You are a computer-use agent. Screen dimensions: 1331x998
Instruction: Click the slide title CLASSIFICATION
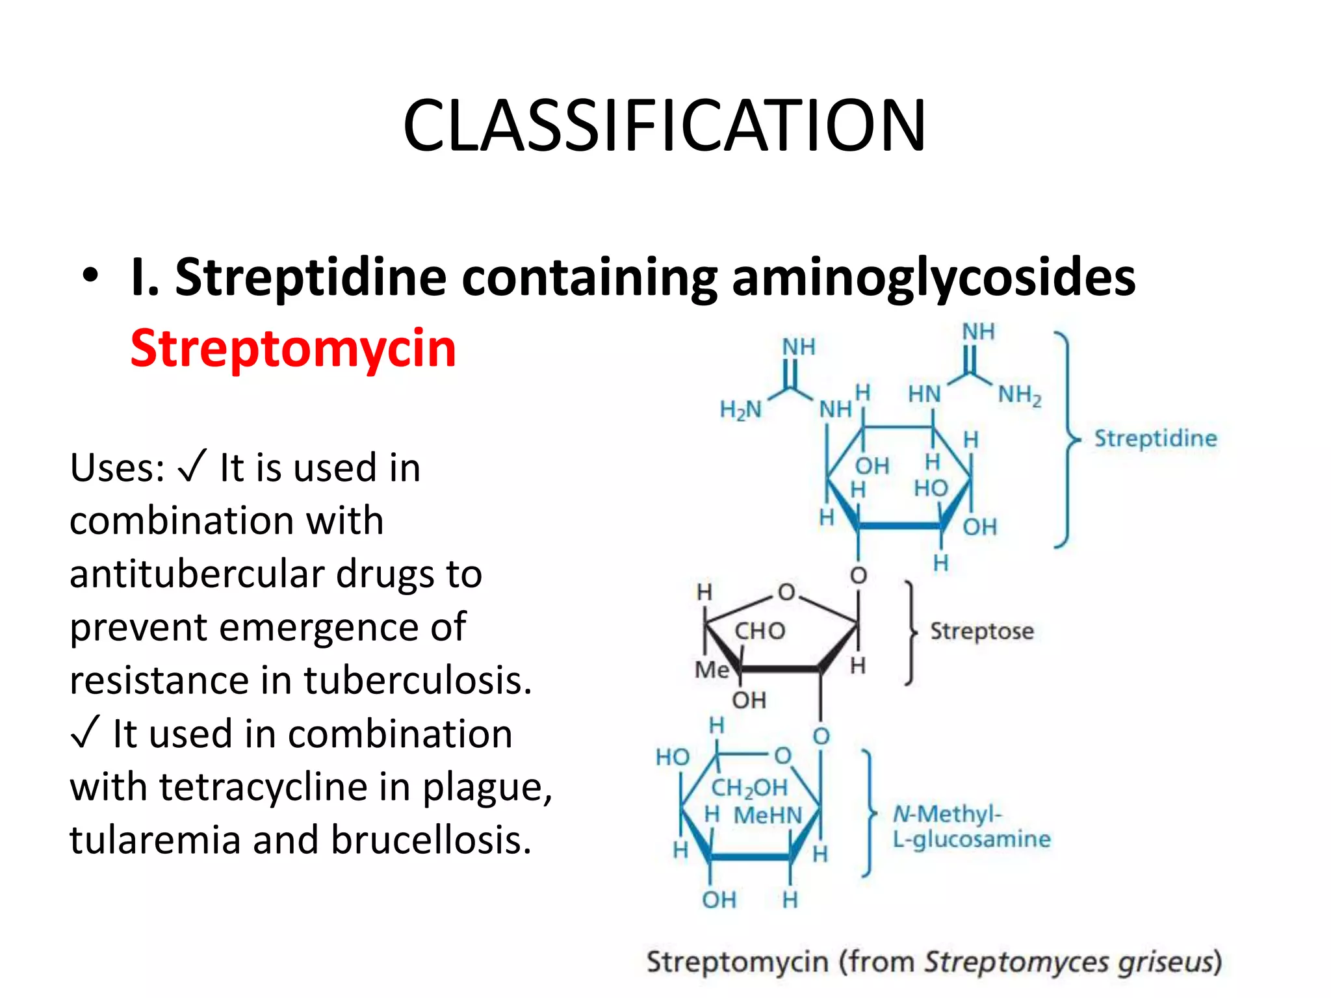click(664, 125)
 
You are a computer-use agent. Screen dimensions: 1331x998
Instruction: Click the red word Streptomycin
click(293, 349)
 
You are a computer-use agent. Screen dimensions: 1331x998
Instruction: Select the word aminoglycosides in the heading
click(933, 278)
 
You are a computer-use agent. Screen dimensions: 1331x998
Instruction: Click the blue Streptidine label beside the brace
click(1156, 438)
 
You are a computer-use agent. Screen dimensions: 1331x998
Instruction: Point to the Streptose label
click(981, 631)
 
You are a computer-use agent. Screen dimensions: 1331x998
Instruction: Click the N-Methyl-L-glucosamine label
click(971, 826)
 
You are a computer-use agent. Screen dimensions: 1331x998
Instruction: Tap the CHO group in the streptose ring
click(760, 630)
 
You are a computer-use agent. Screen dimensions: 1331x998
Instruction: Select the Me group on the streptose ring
click(712, 669)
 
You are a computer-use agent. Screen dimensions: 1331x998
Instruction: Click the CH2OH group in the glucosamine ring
click(749, 788)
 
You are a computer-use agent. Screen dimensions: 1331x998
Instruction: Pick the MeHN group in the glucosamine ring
click(768, 815)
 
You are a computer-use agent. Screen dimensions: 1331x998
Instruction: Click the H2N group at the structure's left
click(740, 409)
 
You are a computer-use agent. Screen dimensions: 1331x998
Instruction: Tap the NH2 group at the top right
click(1020, 394)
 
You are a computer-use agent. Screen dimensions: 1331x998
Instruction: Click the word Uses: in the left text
click(118, 468)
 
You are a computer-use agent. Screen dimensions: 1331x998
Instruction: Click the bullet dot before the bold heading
click(90, 275)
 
